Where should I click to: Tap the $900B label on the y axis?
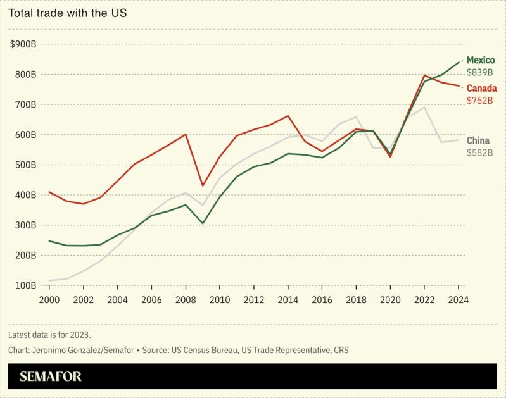coord(23,44)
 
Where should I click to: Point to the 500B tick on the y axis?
coord(25,165)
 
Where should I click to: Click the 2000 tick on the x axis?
coord(49,301)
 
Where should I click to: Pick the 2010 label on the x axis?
coord(219,301)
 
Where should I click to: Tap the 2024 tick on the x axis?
coord(457,301)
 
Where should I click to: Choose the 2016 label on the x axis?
coord(321,301)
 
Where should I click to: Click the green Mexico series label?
coord(481,60)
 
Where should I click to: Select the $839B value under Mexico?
coord(479,72)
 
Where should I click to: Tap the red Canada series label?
coord(482,89)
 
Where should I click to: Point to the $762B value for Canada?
coord(479,101)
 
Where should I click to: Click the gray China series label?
coord(478,140)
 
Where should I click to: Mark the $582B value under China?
coord(479,152)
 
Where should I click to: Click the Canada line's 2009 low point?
coord(202,185)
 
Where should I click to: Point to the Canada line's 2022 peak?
coord(423,75)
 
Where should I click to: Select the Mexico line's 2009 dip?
coord(202,223)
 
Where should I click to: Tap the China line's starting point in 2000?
coord(49,280)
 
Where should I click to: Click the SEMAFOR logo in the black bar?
coord(51,376)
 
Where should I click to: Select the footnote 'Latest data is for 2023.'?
coord(50,334)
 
